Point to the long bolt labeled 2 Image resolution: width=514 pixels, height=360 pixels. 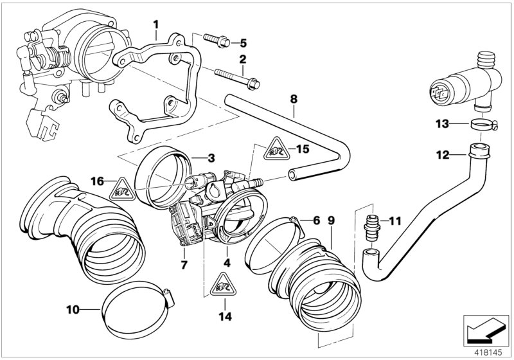tap(235, 78)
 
